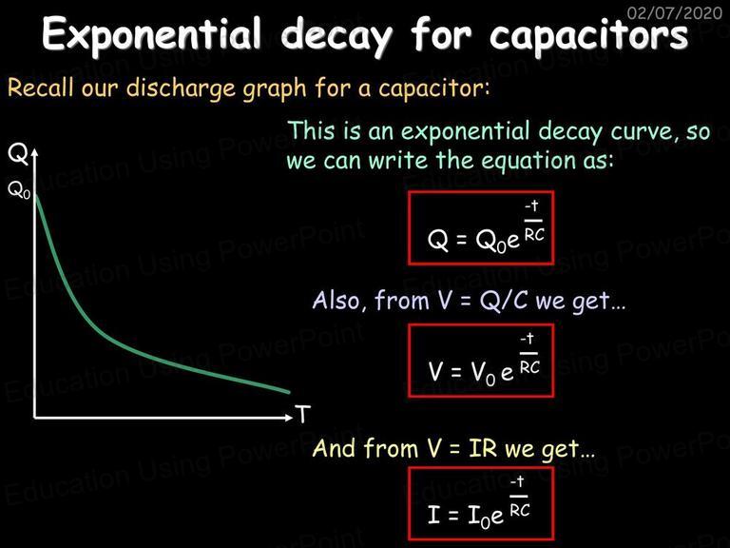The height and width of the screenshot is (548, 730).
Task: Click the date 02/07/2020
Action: (x=674, y=12)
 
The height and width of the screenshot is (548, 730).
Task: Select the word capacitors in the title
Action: (x=588, y=36)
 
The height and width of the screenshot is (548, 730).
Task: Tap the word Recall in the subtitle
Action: (x=41, y=88)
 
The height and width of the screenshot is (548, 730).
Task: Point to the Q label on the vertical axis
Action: (x=18, y=154)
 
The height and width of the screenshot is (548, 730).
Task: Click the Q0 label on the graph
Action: (x=19, y=190)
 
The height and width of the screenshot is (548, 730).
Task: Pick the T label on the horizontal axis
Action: (x=302, y=414)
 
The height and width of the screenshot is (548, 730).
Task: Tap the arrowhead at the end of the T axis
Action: (x=290, y=417)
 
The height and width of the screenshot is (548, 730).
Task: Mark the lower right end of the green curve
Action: (x=289, y=392)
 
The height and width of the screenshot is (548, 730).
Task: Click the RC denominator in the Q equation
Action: (x=534, y=235)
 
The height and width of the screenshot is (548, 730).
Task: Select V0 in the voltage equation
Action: (x=483, y=373)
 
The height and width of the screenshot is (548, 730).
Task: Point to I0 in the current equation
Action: (x=479, y=517)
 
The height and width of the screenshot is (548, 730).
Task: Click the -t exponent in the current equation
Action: (x=518, y=480)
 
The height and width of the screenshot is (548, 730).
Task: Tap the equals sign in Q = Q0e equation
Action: (x=461, y=241)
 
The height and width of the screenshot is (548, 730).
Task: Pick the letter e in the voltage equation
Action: (x=507, y=373)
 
